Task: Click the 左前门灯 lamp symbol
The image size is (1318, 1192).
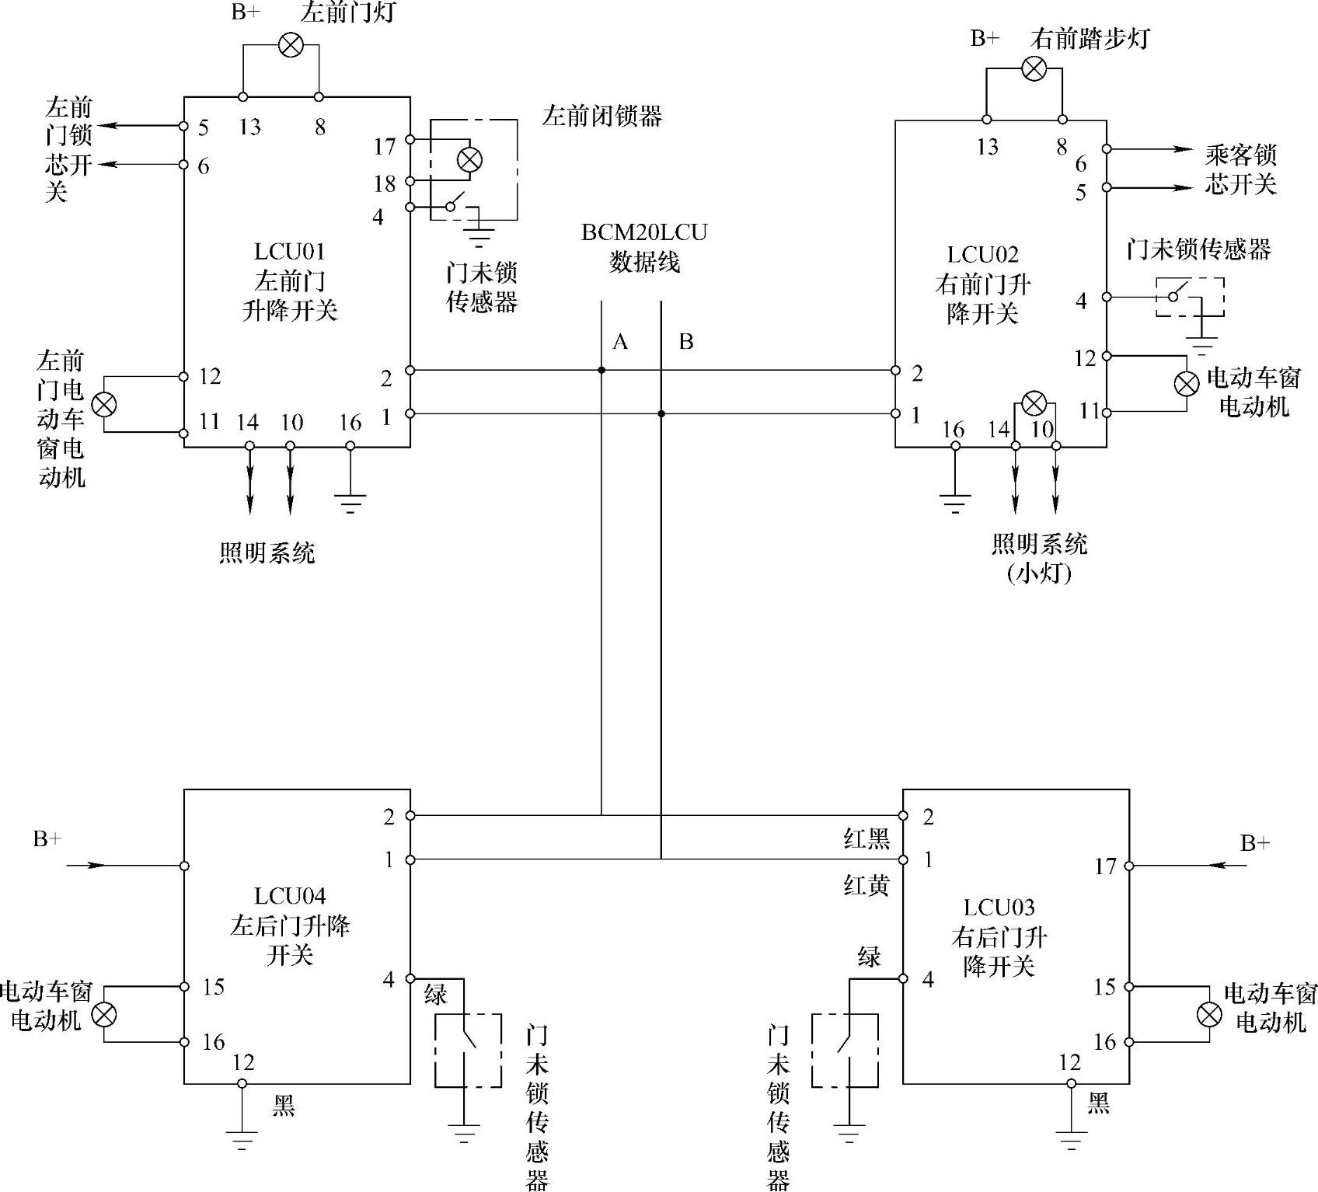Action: pos(291,45)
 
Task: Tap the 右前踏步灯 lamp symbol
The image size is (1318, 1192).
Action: pos(1034,68)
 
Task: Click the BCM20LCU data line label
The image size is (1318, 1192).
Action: pos(644,247)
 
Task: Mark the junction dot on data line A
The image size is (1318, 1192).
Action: pos(601,371)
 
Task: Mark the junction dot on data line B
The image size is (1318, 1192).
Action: pos(661,413)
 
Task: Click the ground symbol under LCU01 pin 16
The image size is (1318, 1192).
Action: pos(350,504)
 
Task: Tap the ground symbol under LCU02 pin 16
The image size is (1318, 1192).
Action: pos(955,504)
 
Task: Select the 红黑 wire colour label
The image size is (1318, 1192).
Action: pos(866,838)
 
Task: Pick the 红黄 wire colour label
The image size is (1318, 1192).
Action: pos(866,884)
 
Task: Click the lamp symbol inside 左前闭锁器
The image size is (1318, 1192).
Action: pos(469,160)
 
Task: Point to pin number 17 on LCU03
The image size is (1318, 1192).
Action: pos(1105,866)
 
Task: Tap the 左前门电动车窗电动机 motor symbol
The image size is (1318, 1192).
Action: pos(104,404)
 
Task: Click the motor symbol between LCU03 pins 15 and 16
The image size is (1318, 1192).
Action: pos(1208,1014)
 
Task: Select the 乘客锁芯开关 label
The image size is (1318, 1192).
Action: pos(1240,169)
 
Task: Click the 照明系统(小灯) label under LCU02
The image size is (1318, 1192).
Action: pos(1039,558)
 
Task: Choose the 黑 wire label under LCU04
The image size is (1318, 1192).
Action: pos(283,1105)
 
